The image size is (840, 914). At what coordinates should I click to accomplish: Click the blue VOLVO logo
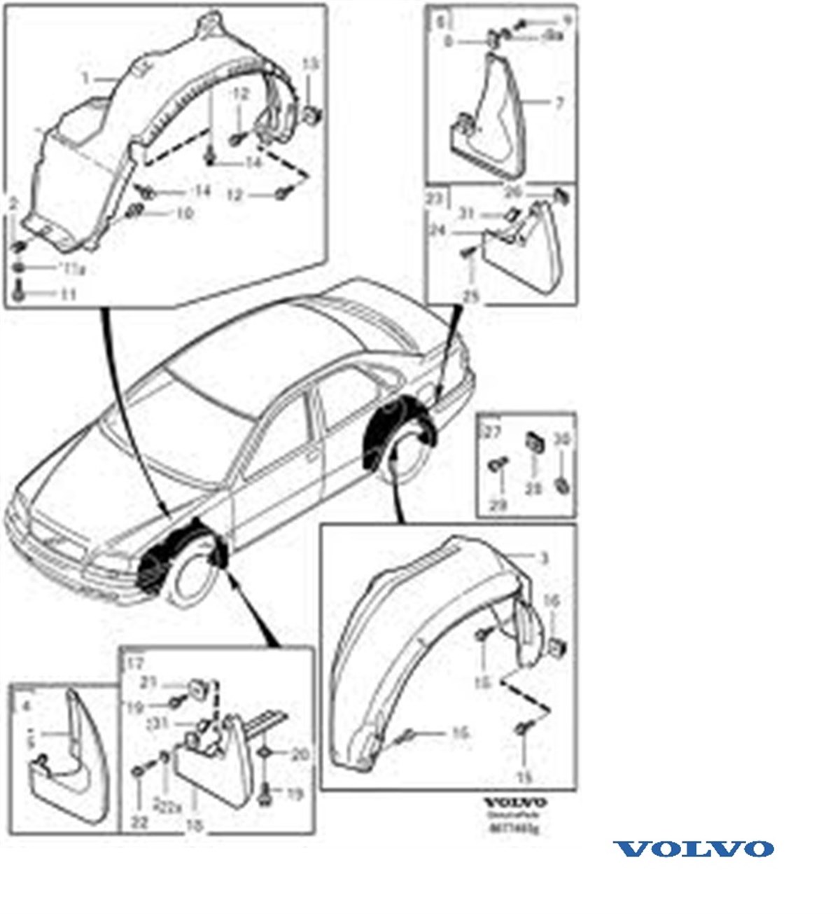coord(693,849)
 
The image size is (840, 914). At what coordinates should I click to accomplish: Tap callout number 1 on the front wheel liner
coord(85,78)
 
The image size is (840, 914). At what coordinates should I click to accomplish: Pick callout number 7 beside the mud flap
coord(559,103)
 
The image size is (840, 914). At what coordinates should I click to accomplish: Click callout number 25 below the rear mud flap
coord(471,297)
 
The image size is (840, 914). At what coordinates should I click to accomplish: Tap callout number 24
coord(437,229)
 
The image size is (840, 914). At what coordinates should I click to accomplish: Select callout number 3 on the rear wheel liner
coord(544,558)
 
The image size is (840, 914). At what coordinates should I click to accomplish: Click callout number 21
coord(147,681)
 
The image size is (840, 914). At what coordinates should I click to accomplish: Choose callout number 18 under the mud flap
coord(195,826)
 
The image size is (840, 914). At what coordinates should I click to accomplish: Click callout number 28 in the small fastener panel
coord(534,487)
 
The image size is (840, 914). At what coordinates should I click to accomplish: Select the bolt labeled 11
coord(19,292)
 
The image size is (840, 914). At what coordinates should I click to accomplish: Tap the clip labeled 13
coord(312,113)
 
